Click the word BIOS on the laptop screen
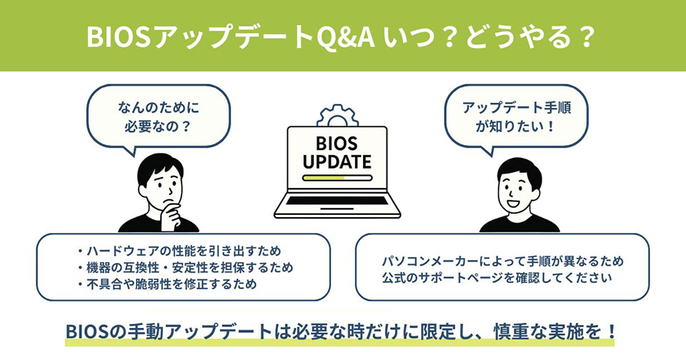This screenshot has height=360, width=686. [337, 144]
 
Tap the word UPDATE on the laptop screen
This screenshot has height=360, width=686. [337, 162]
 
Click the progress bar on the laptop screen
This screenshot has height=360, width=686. [337, 178]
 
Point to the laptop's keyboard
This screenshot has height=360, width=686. [337, 201]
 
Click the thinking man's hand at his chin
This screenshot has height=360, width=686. [171, 214]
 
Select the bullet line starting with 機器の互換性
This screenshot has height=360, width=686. [184, 268]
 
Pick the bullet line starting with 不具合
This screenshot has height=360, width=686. [166, 284]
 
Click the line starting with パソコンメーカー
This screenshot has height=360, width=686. [502, 261]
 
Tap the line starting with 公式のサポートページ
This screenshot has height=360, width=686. [497, 278]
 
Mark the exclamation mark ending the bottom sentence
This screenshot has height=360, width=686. [612, 331]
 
